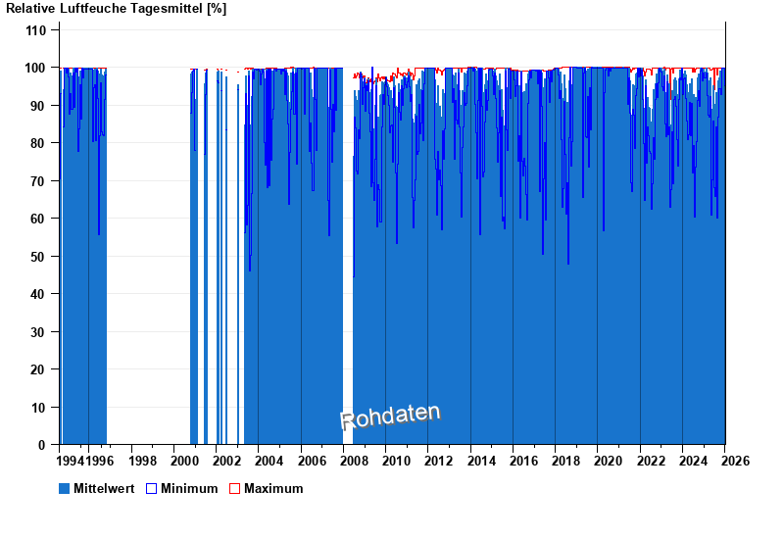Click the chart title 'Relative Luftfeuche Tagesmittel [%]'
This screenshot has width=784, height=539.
(117, 9)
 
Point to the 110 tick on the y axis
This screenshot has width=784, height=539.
(36, 30)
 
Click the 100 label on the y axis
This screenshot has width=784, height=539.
(36, 68)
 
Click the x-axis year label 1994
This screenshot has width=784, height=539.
(72, 461)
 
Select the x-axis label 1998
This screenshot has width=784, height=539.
(142, 461)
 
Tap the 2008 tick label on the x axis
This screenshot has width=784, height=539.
(354, 461)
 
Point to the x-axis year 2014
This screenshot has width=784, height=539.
(481, 461)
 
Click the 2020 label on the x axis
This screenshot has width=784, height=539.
(609, 461)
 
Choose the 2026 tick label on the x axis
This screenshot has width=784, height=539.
(735, 461)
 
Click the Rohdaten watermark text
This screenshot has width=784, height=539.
(390, 416)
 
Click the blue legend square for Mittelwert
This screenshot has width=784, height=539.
(65, 488)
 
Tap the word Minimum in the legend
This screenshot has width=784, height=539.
(189, 488)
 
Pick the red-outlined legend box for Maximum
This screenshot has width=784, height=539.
(234, 488)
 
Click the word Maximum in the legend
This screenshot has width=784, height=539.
(273, 488)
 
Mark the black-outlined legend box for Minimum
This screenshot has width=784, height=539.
(151, 488)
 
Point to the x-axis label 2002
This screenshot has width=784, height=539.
(226, 461)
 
